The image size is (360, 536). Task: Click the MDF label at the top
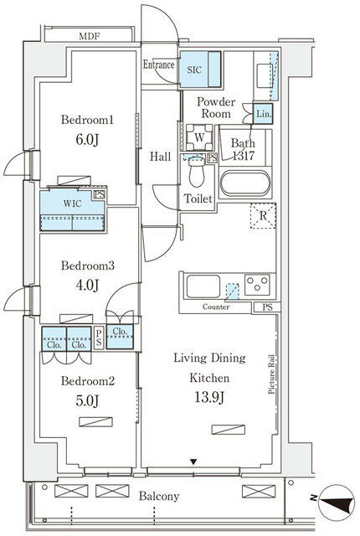90,36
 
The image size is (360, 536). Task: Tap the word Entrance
158,64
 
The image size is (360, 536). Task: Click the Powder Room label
216,108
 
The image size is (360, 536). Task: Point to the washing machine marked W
198,137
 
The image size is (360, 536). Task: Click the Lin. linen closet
262,114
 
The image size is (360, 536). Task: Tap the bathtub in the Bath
244,183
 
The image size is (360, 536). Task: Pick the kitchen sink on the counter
203,286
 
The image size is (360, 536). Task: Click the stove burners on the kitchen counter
256,285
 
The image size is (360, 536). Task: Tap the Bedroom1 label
86,121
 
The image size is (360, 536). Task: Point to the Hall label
161,156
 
